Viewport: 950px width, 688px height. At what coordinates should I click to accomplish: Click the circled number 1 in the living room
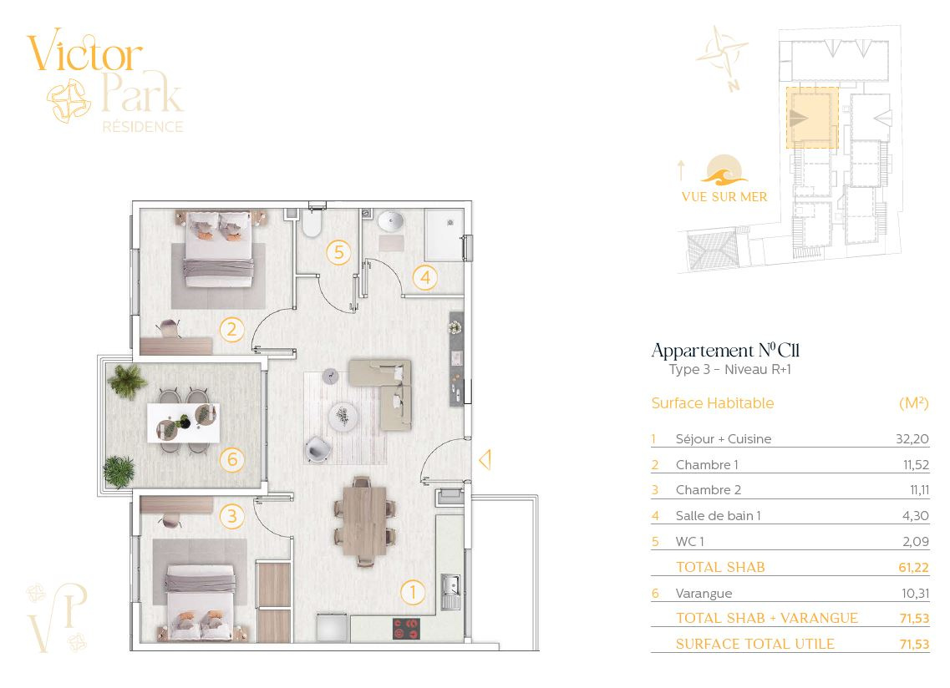click(413, 592)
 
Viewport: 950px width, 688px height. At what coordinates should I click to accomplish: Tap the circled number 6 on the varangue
click(232, 460)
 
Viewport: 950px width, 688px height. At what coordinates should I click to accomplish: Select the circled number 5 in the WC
click(338, 252)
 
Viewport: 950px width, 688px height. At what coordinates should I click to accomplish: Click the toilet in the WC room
click(312, 222)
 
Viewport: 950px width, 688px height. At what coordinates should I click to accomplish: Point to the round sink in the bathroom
click(391, 221)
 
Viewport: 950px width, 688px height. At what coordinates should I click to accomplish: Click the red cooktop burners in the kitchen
click(407, 629)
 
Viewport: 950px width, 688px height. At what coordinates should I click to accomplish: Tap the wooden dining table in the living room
click(365, 520)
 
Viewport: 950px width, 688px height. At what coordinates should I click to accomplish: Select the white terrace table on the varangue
click(183, 422)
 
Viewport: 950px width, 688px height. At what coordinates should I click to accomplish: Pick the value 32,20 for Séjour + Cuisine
click(912, 438)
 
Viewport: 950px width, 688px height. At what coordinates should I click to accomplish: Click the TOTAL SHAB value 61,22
click(913, 568)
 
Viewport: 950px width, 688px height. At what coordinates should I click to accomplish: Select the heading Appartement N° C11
click(725, 350)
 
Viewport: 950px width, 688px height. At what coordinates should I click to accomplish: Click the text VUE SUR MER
click(724, 197)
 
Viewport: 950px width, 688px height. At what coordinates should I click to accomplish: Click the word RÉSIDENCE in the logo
click(143, 127)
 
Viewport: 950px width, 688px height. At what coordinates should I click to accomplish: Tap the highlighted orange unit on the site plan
click(812, 118)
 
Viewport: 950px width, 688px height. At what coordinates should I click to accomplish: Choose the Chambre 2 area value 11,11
click(919, 490)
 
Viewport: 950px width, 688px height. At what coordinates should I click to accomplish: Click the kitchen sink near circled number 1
click(450, 591)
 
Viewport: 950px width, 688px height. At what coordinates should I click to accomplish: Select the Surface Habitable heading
click(713, 402)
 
